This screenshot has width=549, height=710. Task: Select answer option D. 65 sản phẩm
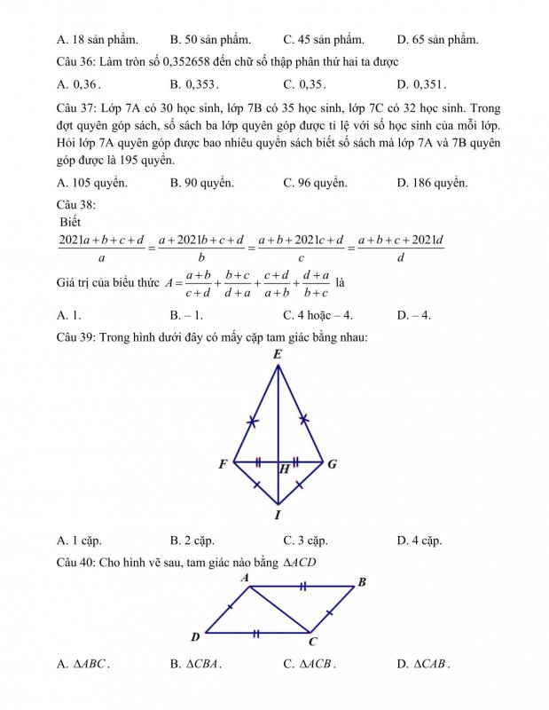tap(438, 40)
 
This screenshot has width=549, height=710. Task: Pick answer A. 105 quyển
tap(91, 183)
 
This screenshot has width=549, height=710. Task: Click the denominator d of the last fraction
tap(401, 259)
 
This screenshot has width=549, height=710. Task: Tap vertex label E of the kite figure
tap(278, 355)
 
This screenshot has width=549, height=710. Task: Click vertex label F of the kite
tap(223, 464)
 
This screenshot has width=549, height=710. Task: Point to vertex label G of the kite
tap(332, 464)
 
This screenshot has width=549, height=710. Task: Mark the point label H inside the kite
tap(284, 469)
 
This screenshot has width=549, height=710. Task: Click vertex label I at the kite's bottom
tap(278, 515)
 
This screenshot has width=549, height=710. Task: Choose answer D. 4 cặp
tap(420, 540)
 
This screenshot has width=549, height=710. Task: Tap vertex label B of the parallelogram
tap(361, 582)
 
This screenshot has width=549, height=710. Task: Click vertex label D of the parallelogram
tap(196, 635)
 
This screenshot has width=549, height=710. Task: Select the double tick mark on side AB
tap(303, 587)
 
